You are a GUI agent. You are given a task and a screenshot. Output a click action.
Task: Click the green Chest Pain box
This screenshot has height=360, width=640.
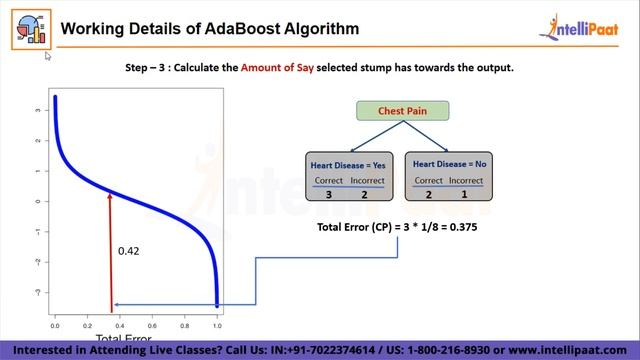coord(403,111)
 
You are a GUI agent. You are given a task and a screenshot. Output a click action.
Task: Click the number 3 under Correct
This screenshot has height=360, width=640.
coord(329,194)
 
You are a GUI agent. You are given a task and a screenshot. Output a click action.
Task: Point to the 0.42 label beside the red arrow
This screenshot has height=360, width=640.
coord(128,251)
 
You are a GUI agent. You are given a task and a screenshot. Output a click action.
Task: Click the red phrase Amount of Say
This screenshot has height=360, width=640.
coord(290,67)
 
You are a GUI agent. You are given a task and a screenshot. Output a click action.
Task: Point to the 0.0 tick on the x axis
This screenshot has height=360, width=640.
coord(55,325)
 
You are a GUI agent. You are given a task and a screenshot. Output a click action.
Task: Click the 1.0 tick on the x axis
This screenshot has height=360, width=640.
coord(217,325)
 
